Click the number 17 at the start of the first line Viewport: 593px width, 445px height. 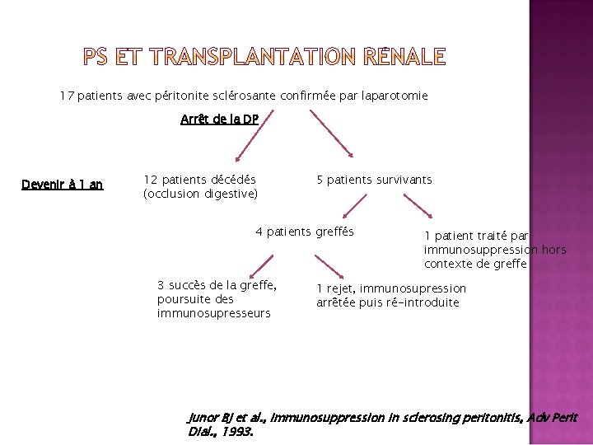coord(67,96)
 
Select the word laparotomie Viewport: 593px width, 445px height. coord(394,96)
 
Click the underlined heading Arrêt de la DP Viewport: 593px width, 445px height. coord(219,119)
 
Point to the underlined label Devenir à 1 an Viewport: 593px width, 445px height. coord(62,185)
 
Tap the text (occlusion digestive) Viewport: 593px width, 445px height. coord(200,194)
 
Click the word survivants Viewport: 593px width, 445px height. coord(404,180)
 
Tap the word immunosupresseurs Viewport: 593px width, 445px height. coord(213,313)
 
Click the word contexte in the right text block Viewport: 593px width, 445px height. coord(448,264)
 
